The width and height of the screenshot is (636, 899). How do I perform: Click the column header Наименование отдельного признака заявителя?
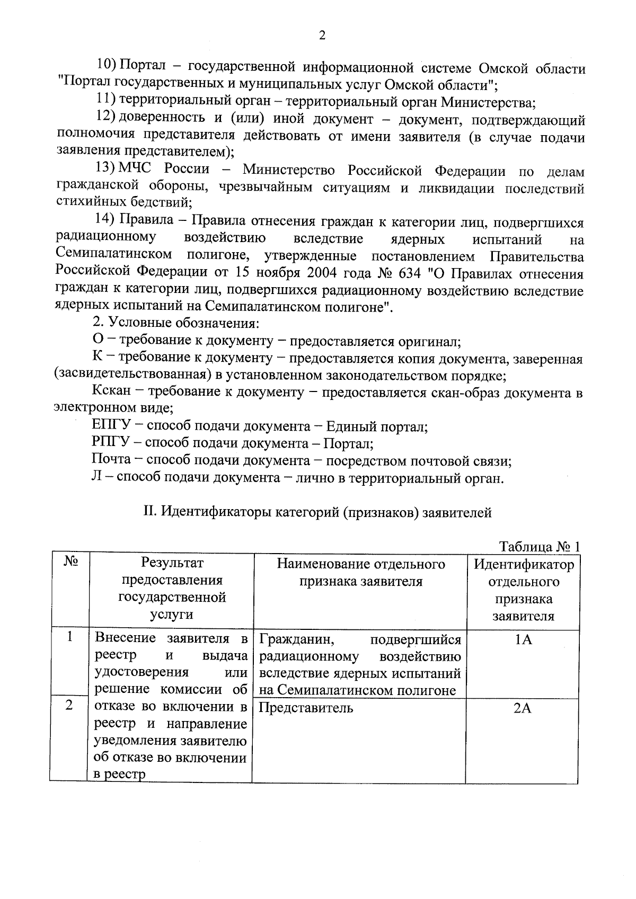tap(360, 573)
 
